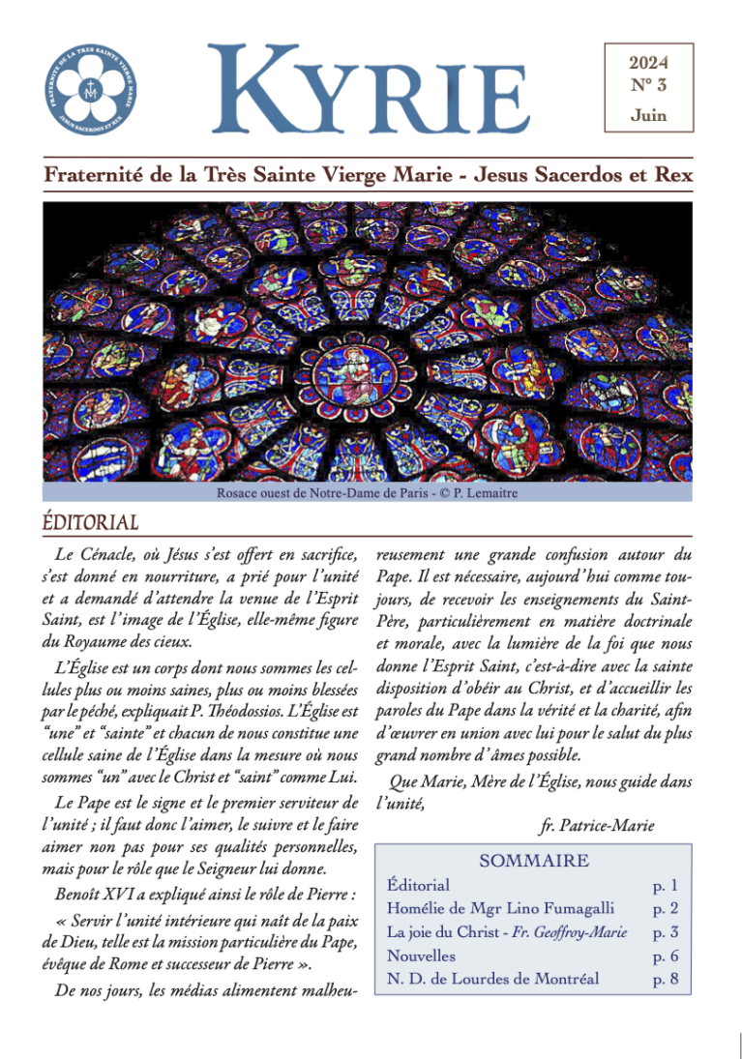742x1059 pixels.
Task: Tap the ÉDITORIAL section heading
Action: coord(91,522)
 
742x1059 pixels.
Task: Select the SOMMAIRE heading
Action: coord(534,860)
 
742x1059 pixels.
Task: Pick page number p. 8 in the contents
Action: coord(666,979)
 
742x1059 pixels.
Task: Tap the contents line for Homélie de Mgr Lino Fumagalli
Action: coord(500,908)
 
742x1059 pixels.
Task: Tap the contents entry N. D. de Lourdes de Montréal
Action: coord(492,979)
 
